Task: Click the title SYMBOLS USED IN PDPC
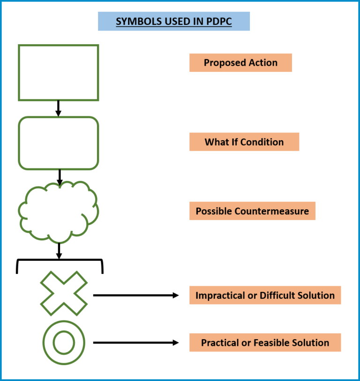coord(173,22)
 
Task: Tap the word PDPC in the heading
coord(219,22)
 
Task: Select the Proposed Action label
coord(240,63)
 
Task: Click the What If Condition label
coord(244,142)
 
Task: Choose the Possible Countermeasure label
coord(252,211)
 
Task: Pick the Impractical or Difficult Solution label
coord(265,296)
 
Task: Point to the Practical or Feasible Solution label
coord(265,343)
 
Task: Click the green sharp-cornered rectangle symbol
coord(59,73)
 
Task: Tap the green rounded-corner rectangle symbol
coord(59,143)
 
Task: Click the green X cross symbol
coord(64,293)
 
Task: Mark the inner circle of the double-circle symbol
coord(64,343)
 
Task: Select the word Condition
coord(262,142)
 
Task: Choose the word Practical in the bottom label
coord(220,343)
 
